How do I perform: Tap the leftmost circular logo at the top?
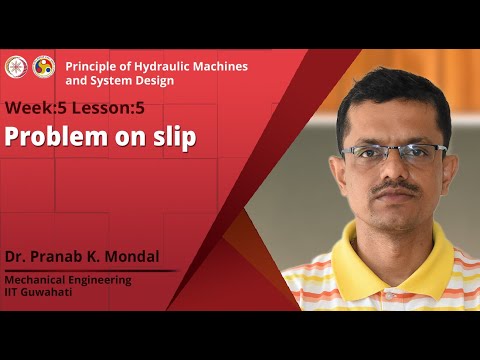tap(14, 66)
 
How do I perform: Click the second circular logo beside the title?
tap(44, 66)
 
